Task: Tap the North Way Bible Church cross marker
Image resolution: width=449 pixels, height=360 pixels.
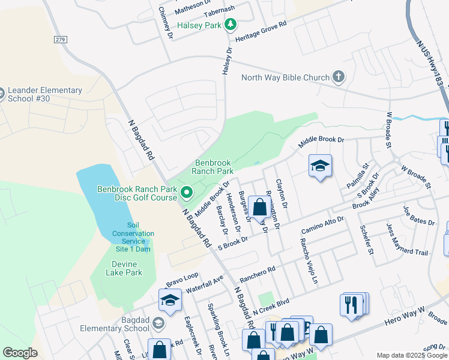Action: (x=339, y=77)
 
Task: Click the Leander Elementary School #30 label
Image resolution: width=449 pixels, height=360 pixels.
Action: (x=45, y=95)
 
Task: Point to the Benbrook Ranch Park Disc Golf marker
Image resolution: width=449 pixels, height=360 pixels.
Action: (x=186, y=193)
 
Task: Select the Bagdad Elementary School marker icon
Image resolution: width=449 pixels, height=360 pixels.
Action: (x=158, y=324)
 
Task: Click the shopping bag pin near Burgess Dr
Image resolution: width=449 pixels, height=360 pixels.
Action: (x=260, y=208)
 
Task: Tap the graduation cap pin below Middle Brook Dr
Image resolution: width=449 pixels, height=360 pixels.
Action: (x=320, y=166)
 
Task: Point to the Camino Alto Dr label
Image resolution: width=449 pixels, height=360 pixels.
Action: (x=323, y=224)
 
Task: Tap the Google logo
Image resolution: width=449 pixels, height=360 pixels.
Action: (x=20, y=352)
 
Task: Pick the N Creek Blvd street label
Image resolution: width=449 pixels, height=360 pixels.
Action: (x=271, y=308)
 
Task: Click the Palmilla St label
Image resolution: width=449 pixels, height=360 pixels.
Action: (x=361, y=175)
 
